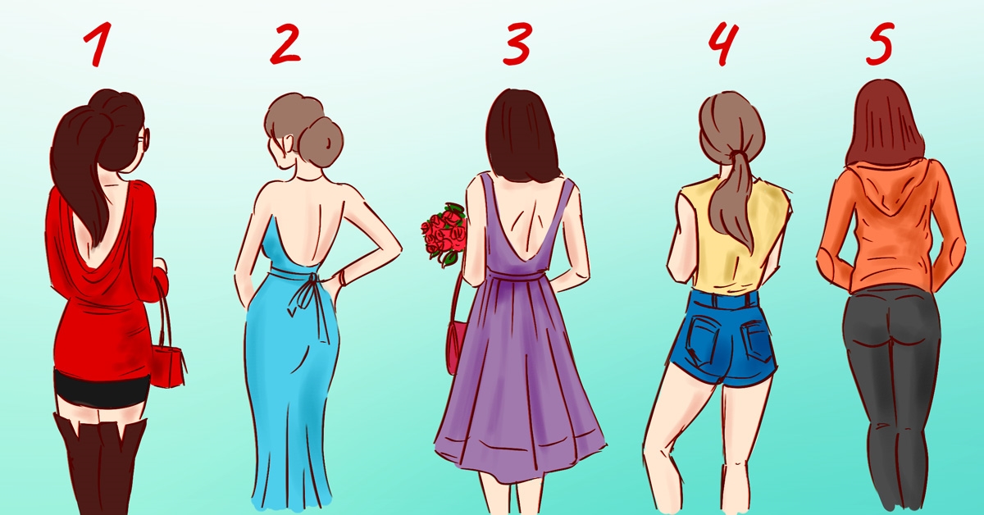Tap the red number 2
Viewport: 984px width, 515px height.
pyautogui.click(x=285, y=44)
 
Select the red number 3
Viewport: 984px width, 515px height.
pyautogui.click(x=517, y=44)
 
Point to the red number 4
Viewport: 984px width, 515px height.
pyautogui.click(x=722, y=44)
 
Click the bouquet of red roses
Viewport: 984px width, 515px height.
pyautogui.click(x=444, y=234)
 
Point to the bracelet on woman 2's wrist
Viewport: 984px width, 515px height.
pyautogui.click(x=342, y=278)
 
